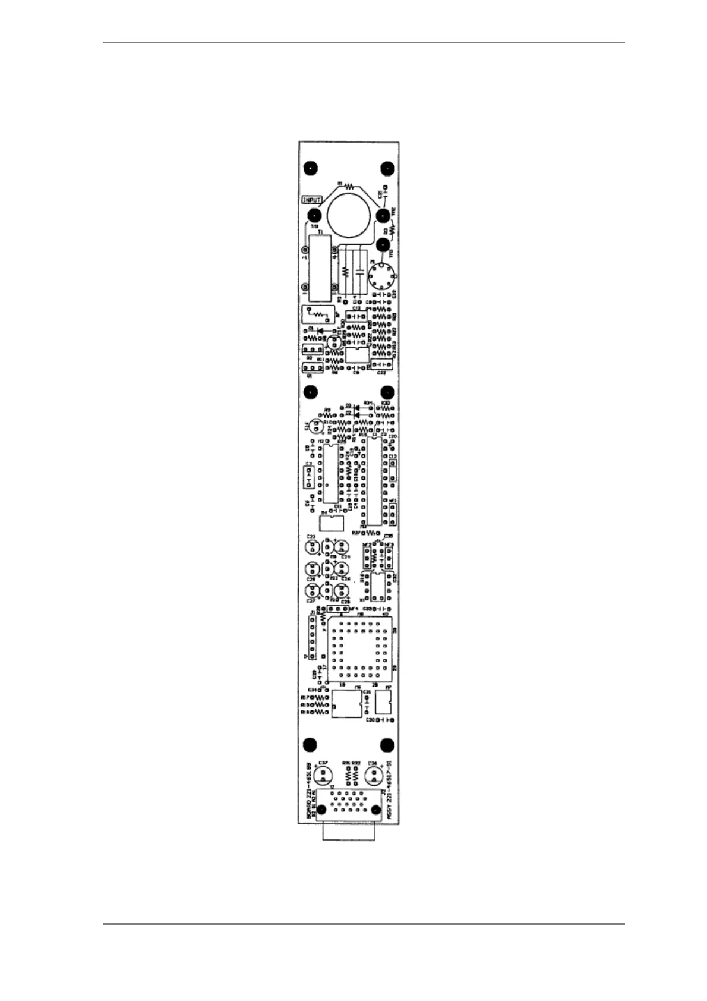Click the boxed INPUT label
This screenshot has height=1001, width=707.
coord(312,200)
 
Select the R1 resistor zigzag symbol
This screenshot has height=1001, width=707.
coord(349,185)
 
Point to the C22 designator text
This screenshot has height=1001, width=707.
coord(381,373)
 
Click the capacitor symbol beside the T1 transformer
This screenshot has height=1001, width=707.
coord(359,273)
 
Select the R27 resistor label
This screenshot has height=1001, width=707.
coord(356,533)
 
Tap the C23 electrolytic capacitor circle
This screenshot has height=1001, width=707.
coord(311,546)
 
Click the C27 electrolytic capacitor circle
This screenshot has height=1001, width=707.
coord(311,591)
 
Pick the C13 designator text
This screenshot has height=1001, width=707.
coord(392,456)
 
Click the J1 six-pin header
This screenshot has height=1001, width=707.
coord(311,637)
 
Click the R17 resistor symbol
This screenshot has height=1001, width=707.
coord(321,697)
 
